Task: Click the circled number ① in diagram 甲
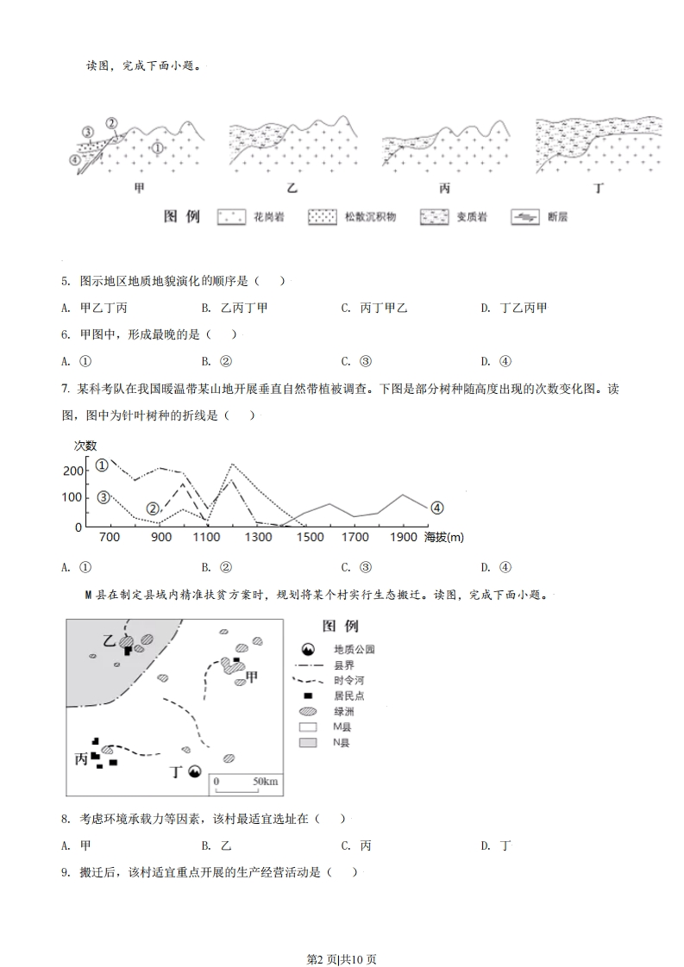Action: pos(157,147)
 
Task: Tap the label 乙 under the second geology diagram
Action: pos(292,188)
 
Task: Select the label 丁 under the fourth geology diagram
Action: pos(599,188)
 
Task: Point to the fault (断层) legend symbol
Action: pos(523,216)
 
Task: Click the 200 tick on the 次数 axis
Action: pos(73,471)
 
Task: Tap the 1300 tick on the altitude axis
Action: pos(258,538)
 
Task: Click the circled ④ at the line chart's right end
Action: pos(436,508)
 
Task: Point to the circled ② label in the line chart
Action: pos(154,508)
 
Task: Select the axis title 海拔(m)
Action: pos(443,538)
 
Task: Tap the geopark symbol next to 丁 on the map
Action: pos(195,771)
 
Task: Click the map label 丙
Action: pos(82,759)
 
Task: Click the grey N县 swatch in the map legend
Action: pos(307,742)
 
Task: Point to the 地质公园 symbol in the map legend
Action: pos(307,649)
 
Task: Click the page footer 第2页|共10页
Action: pos(342,934)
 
